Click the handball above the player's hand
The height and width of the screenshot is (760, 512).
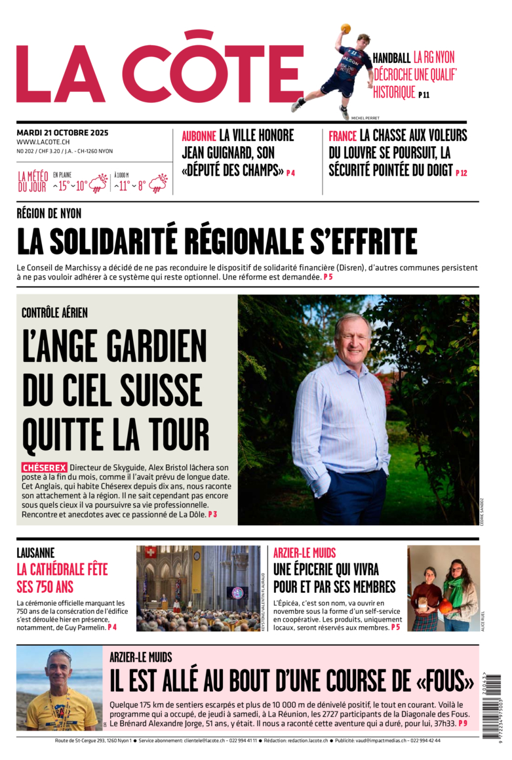[x=345, y=29]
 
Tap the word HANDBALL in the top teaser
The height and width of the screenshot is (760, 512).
[x=391, y=58]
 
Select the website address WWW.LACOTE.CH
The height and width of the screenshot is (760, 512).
[x=43, y=142]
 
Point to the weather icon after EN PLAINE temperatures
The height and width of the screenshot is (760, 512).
[x=99, y=183]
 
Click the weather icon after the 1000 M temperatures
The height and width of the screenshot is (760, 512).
[x=159, y=183]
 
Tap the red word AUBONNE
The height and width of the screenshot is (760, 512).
[x=199, y=136]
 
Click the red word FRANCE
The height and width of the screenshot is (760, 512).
[x=343, y=136]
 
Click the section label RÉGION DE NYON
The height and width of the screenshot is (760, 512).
[x=49, y=213]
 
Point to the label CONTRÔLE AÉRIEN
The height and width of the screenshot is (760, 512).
[x=54, y=313]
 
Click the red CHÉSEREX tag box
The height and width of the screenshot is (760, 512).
[x=45, y=468]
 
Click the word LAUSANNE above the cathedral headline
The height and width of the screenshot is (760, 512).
[x=35, y=553]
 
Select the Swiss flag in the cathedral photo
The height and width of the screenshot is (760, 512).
[x=151, y=552]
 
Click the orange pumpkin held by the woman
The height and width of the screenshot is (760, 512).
[x=446, y=607]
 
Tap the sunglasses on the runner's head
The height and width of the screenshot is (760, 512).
[x=60, y=654]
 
